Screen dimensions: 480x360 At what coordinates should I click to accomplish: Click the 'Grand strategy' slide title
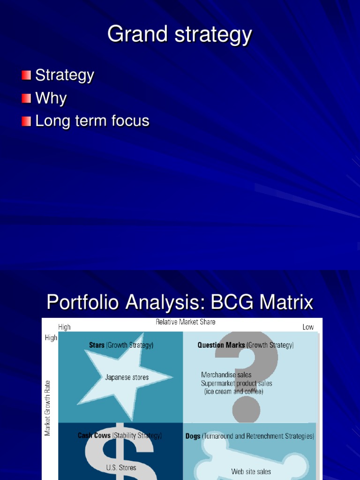pos(180,34)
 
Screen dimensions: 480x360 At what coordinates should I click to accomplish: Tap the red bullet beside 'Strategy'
pos(26,75)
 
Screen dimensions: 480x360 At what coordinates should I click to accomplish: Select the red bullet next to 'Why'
pos(26,98)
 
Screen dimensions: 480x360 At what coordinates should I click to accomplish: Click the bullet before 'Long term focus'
pos(26,121)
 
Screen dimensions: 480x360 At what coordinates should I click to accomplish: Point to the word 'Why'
pos(51,98)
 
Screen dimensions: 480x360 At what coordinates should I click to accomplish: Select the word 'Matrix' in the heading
pos(282,303)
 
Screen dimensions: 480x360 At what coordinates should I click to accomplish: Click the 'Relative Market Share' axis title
pos(186,322)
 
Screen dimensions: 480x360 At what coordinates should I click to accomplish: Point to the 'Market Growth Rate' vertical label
pos(48,408)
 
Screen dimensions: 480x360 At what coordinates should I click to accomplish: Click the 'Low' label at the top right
pos(308,327)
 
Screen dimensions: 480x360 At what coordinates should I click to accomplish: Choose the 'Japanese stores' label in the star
pos(127,377)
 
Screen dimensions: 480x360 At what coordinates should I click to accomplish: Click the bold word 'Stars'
pos(97,345)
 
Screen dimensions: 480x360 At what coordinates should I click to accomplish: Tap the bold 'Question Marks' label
pos(221,345)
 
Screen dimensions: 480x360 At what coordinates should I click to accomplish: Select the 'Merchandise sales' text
pos(226,375)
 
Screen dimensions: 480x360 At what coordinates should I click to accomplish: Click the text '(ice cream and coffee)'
pos(233,391)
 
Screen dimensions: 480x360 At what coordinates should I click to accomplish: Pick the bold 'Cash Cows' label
pos(94,435)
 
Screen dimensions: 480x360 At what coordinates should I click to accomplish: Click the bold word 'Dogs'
pos(193,436)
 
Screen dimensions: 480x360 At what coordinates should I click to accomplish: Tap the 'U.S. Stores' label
pos(121,467)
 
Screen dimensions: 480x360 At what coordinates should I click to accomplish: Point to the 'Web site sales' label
pos(251,472)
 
